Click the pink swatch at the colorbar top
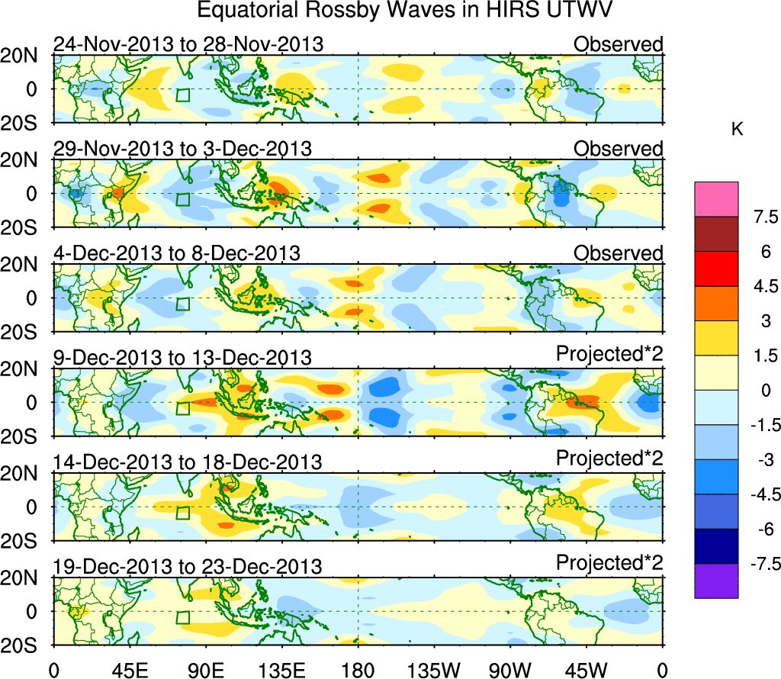point(716,199)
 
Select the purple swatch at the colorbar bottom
point(716,581)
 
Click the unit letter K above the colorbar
point(736,130)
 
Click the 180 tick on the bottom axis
point(358,669)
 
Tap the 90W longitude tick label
point(510,669)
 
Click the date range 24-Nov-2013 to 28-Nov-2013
point(188,44)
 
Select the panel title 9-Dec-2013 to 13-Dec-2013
point(183,358)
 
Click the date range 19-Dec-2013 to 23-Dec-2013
point(188,567)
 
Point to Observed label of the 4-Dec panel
point(619,253)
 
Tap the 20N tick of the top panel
point(24,56)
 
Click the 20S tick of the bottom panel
point(24,645)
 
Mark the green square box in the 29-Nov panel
point(182,199)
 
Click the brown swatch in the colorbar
point(716,234)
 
